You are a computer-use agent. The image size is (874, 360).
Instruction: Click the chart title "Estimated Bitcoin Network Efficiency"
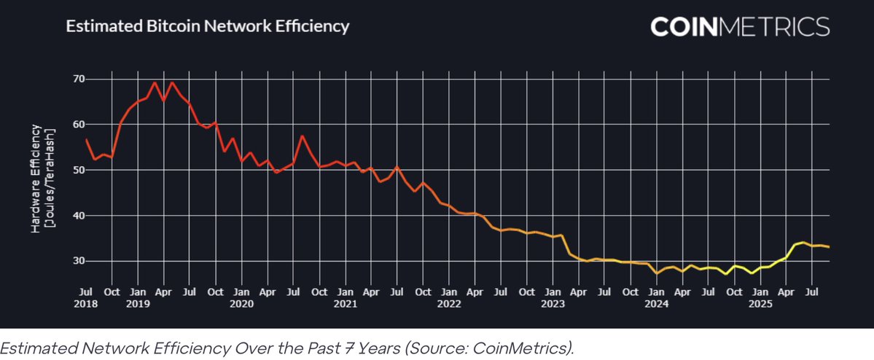coord(208,27)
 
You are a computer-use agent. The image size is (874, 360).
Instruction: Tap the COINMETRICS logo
coord(739,27)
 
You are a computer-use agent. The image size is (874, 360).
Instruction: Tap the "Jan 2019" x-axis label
coord(138,298)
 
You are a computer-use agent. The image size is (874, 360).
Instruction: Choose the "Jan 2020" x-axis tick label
coord(242,298)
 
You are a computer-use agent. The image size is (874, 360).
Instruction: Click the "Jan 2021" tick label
coord(346,298)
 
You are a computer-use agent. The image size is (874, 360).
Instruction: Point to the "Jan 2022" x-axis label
coord(450,298)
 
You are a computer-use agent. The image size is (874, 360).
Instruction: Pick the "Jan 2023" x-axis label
coord(553,298)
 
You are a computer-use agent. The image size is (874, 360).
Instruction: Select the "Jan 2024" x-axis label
coord(657,298)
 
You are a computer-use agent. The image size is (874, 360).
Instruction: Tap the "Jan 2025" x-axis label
coord(760,298)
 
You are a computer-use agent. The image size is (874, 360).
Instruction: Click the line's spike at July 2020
coord(303,136)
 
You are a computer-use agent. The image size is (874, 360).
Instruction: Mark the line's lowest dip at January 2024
coord(657,273)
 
